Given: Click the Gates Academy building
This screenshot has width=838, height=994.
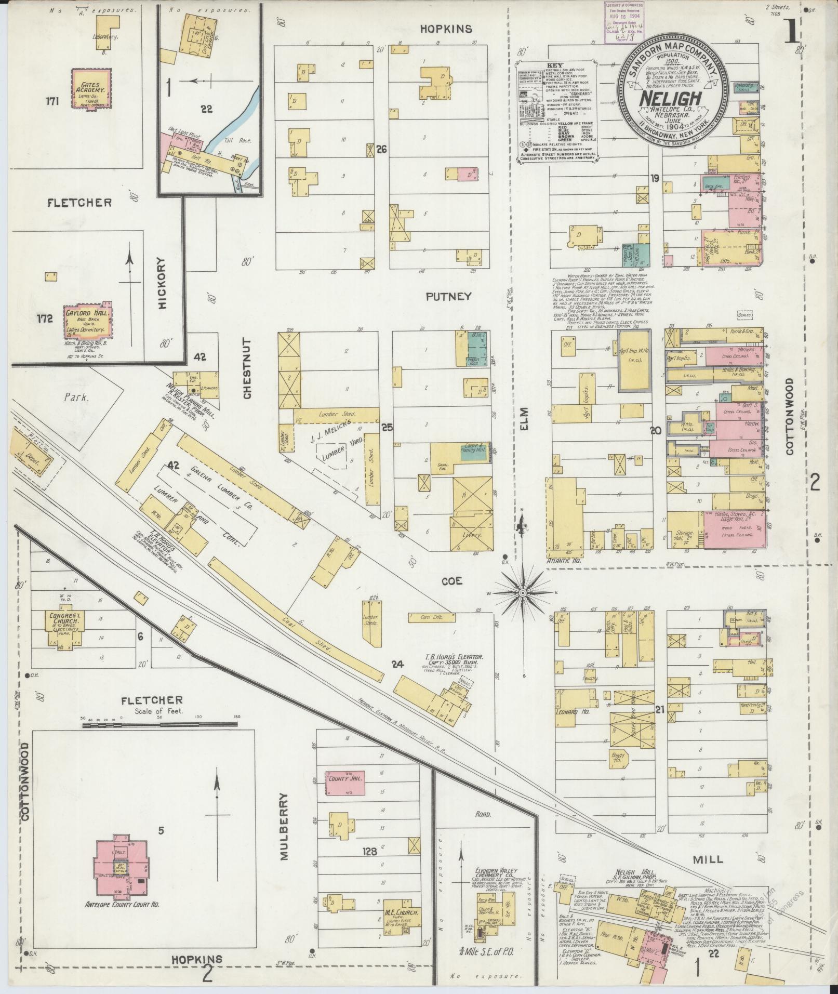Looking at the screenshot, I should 91,88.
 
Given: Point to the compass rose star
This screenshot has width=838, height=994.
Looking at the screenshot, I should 524,592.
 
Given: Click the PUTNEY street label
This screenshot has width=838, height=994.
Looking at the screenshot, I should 448,296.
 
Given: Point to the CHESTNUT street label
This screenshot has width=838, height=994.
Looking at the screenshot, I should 247,369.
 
